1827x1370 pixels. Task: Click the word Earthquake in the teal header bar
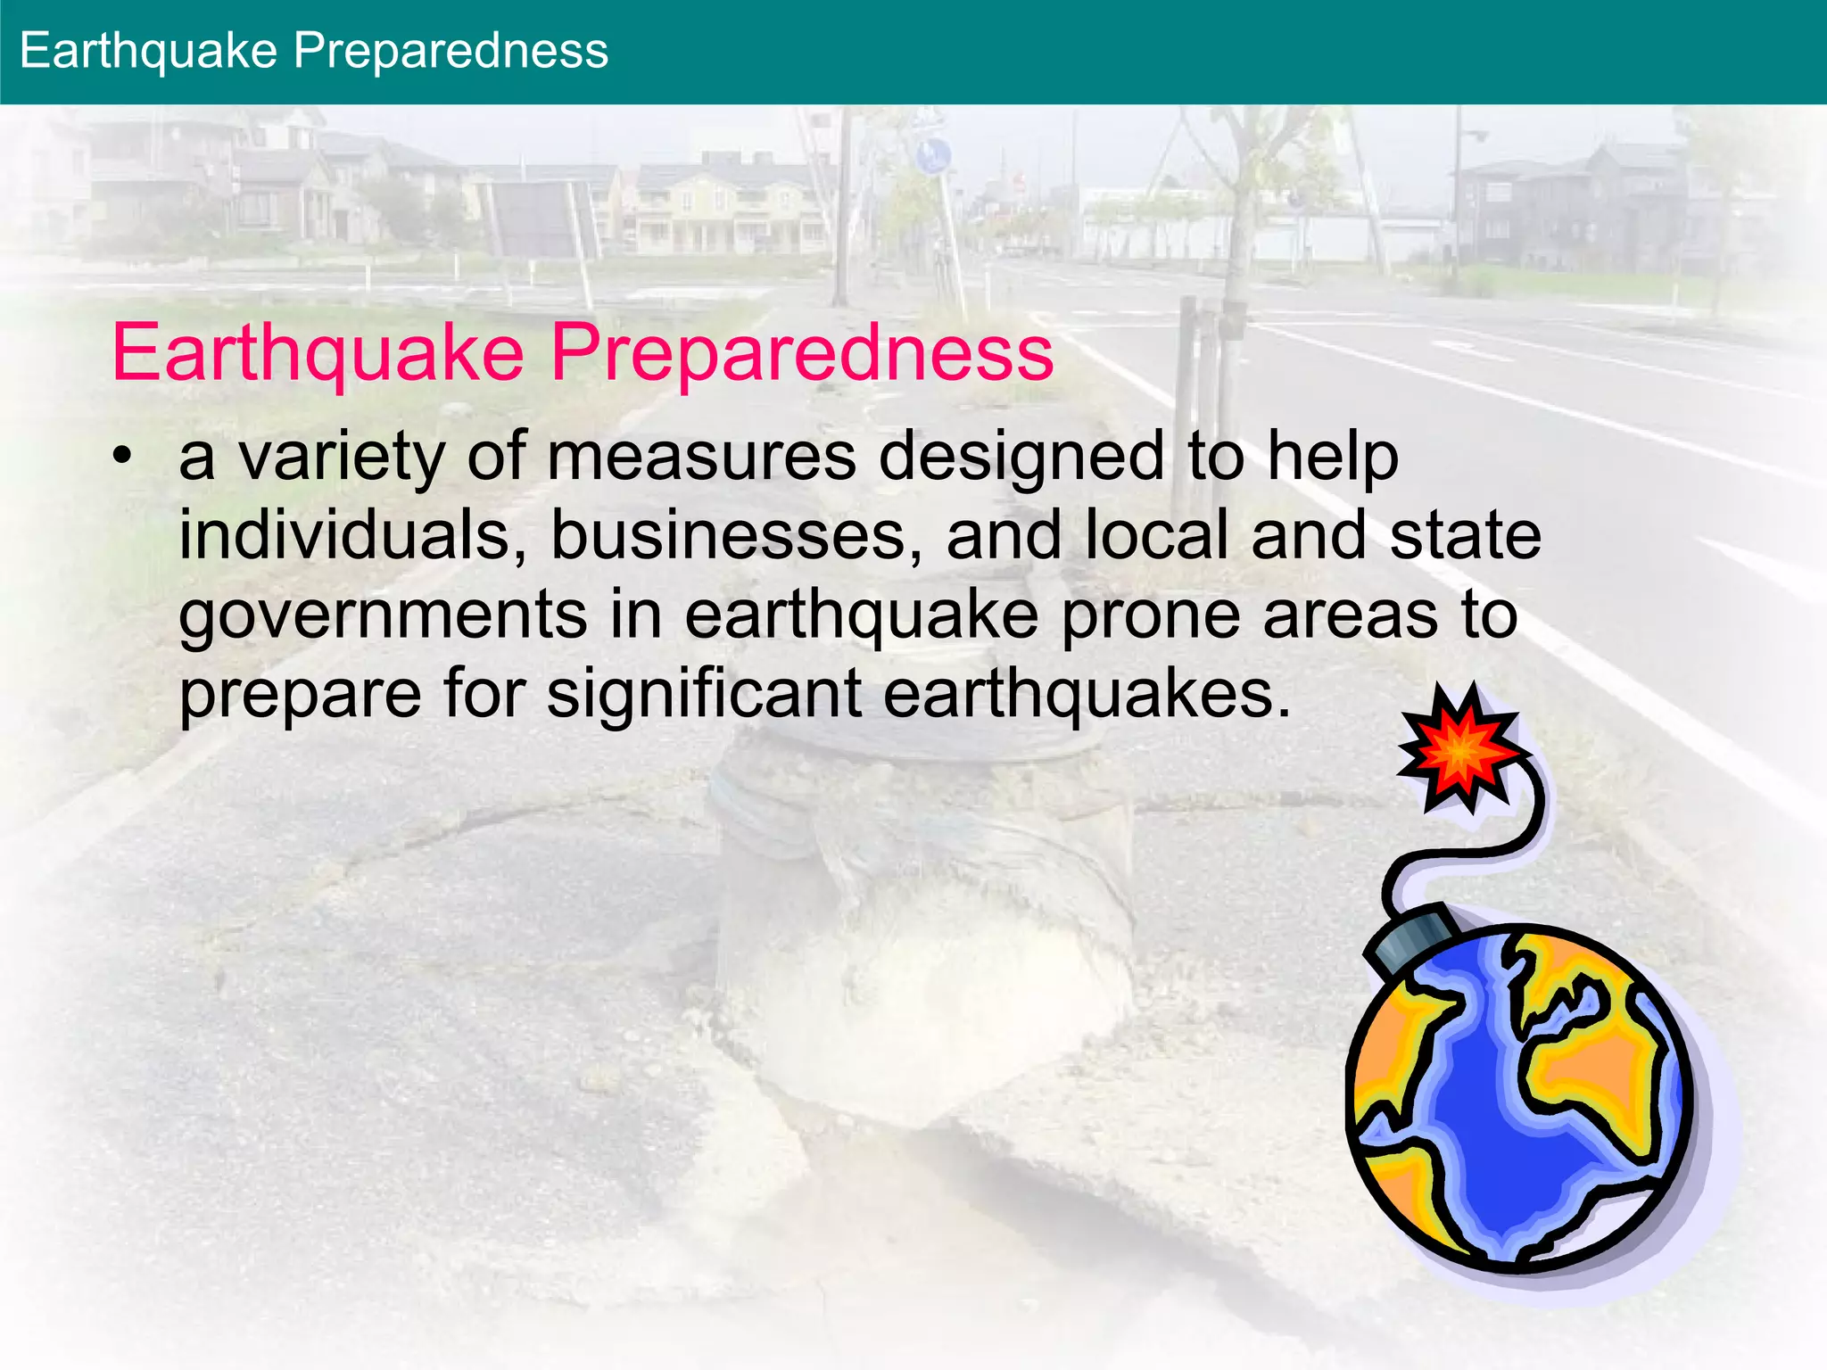148,51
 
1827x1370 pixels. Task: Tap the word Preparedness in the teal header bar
451,51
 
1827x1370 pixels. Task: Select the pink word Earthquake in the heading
318,353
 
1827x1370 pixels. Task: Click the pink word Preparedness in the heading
802,353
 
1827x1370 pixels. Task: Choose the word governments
383,615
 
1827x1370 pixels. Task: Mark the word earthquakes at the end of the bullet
1087,694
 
